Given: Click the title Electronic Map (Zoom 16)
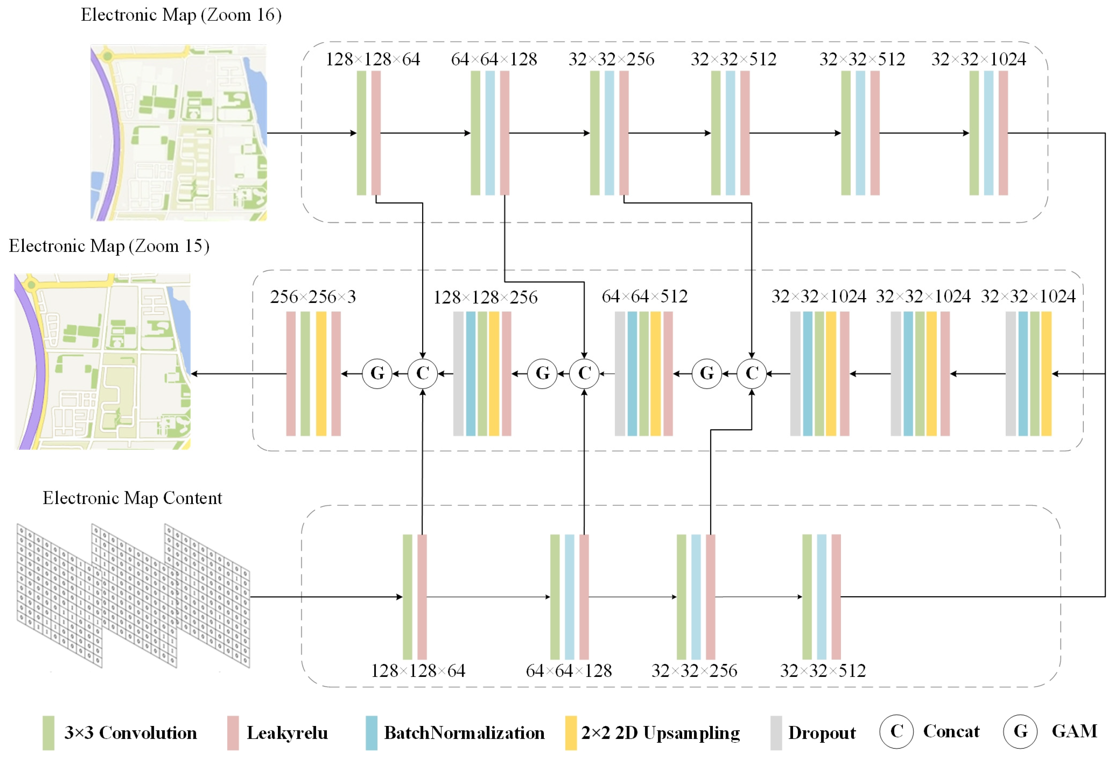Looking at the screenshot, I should pyautogui.click(x=181, y=15).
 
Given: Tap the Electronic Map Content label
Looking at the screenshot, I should pyautogui.click(x=132, y=498).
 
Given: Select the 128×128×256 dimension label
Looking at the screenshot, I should pyautogui.click(x=485, y=298).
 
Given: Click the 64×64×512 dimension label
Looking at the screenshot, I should pyautogui.click(x=644, y=297).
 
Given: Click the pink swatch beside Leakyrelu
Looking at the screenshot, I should pyautogui.click(x=233, y=733).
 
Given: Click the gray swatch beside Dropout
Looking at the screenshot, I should pyautogui.click(x=776, y=733).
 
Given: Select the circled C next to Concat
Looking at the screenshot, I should pyautogui.click(x=896, y=732).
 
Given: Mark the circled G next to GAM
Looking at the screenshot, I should pyautogui.click(x=1020, y=732).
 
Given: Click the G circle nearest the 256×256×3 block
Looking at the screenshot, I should pyautogui.click(x=377, y=373).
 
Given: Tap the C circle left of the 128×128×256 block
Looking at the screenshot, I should pyautogui.click(x=422, y=373).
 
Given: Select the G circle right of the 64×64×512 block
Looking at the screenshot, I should pyautogui.click(x=707, y=373).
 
